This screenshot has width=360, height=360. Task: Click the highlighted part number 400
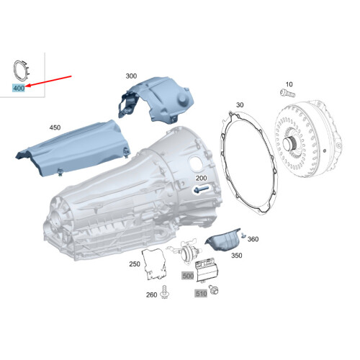coord(19,87)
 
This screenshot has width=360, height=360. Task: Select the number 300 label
coord(130,76)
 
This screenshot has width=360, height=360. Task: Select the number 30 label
coord(239,106)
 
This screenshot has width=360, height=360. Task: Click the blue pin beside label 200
coord(201,189)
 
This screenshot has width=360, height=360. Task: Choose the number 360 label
coord(252,239)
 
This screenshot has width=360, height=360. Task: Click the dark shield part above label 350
coord(224,238)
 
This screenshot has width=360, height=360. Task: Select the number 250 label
coord(134,264)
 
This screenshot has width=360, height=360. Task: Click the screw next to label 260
coord(166,291)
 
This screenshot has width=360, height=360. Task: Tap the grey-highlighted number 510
coord(200,293)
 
